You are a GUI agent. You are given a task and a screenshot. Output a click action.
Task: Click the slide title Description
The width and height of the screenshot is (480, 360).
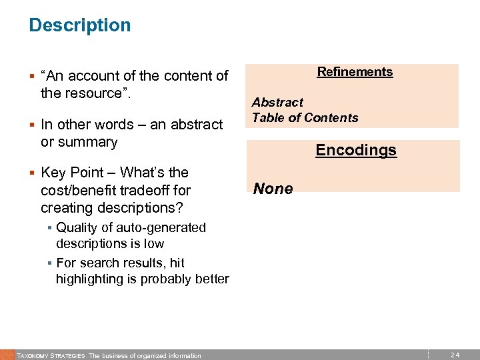pos(80,25)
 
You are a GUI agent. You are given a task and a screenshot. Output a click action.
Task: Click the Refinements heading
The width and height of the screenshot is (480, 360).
pos(355,72)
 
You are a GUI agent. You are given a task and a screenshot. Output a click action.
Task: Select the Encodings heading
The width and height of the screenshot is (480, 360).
pos(356,150)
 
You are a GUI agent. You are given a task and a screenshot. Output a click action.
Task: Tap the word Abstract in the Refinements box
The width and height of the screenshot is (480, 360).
pos(277,103)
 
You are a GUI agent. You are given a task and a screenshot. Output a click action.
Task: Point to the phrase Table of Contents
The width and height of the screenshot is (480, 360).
pos(305,118)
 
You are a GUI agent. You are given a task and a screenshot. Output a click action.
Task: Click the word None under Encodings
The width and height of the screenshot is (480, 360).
pos(273,189)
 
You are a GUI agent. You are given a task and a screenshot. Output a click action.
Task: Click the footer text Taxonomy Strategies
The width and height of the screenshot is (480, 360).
pos(51,355)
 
